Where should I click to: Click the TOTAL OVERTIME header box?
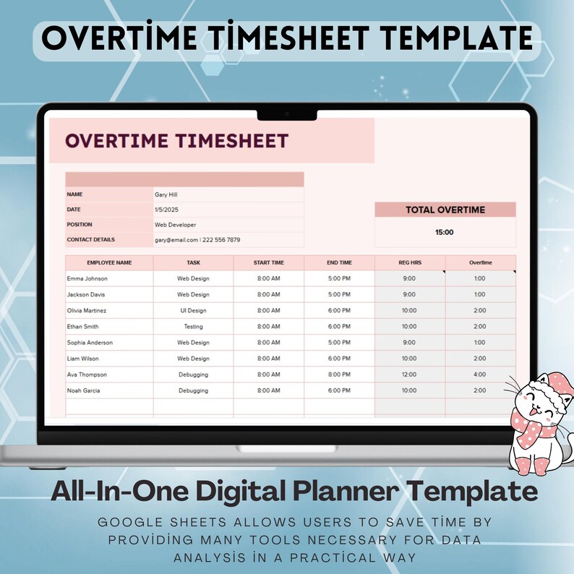[x=445, y=210]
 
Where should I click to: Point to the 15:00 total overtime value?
[x=445, y=233]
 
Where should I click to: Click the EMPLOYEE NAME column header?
[x=109, y=262]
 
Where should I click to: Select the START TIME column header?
[x=268, y=262]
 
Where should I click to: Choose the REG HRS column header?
[x=409, y=262]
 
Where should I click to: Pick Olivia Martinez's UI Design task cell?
[x=193, y=311]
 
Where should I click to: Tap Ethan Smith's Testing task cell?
[x=193, y=327]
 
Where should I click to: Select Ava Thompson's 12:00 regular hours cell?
[x=409, y=374]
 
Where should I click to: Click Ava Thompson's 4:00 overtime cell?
[x=480, y=374]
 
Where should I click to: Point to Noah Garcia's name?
[x=83, y=390]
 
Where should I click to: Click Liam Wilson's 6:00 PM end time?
[x=339, y=359]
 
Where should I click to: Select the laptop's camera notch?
[x=287, y=114]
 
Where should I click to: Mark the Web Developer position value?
[x=176, y=225]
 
